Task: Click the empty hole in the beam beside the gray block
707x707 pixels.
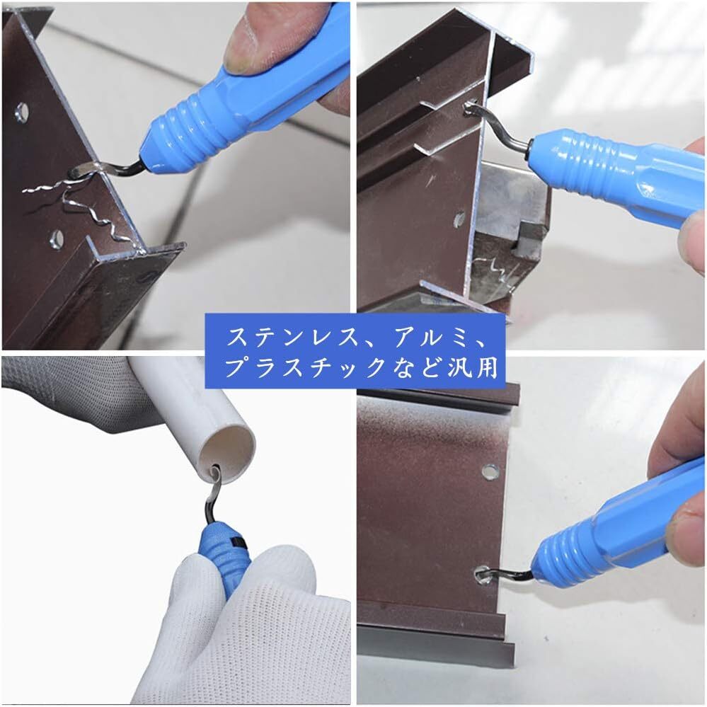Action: point(459,219)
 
